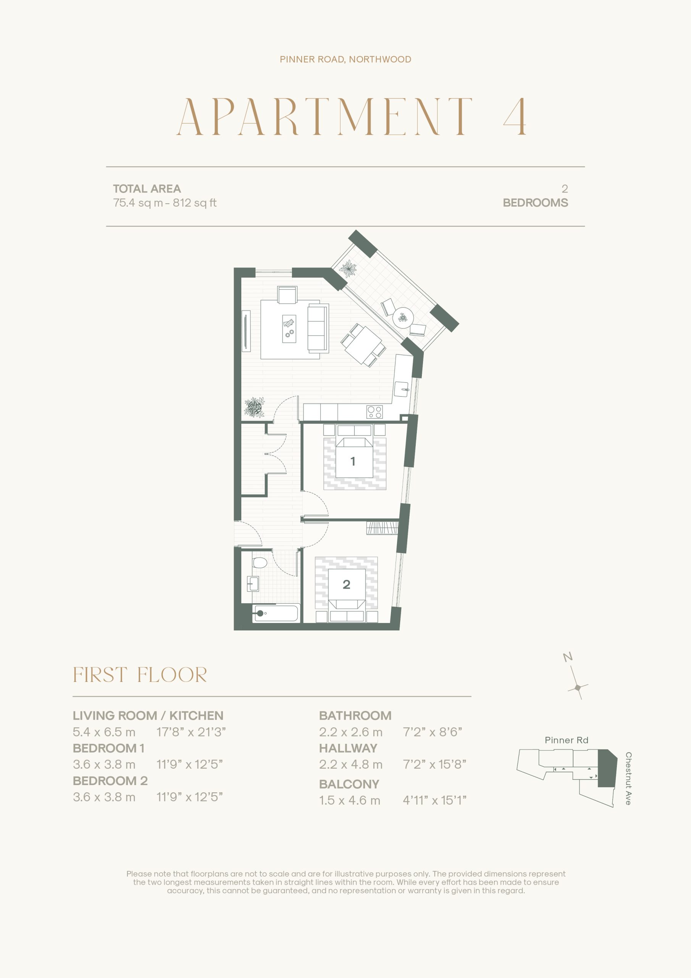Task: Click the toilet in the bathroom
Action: click(x=259, y=562)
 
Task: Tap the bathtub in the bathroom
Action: click(x=276, y=613)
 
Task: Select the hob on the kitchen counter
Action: click(x=375, y=412)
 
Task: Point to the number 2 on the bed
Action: click(x=347, y=585)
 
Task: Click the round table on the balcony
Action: click(x=403, y=317)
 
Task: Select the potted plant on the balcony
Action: click(x=349, y=269)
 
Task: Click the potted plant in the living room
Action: click(x=255, y=407)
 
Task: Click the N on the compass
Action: click(x=568, y=657)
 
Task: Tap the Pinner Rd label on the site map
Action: click(x=566, y=740)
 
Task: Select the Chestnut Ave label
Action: click(x=628, y=778)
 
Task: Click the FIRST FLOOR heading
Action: click(x=140, y=675)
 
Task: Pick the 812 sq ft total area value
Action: click(x=195, y=203)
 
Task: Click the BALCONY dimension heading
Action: click(x=349, y=784)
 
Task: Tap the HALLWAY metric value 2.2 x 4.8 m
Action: click(x=351, y=764)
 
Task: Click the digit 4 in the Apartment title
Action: click(x=515, y=117)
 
